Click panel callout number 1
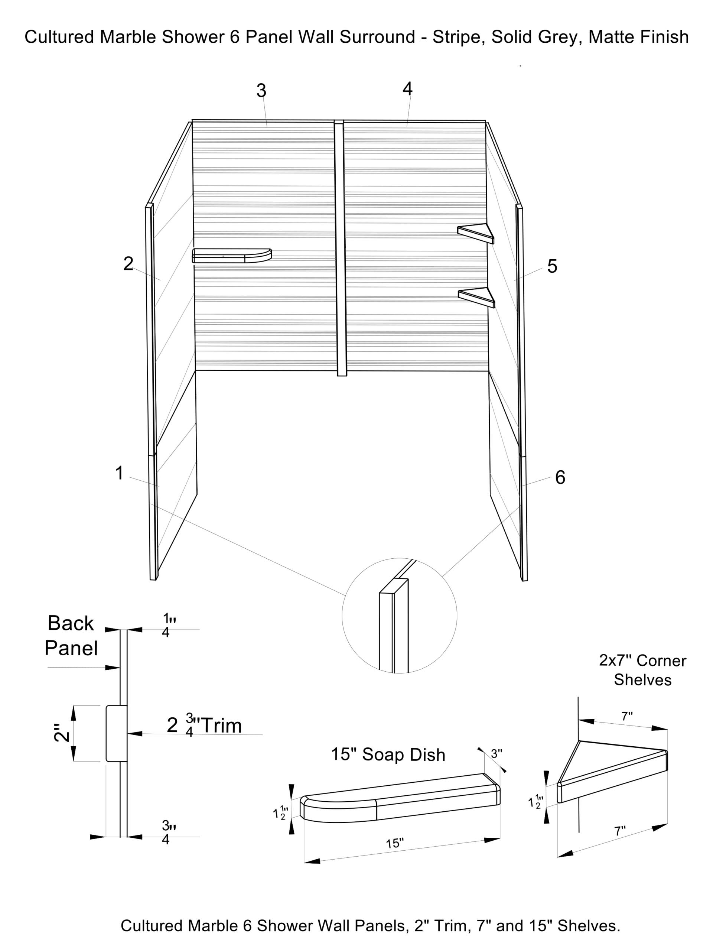coord(120,473)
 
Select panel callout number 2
coord(128,263)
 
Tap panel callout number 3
coord(261,91)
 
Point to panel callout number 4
coord(407,89)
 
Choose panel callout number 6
coord(560,477)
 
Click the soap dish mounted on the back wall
coord(232,255)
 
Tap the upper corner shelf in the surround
coord(476,233)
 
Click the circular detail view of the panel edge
coord(399,615)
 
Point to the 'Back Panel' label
coord(71,636)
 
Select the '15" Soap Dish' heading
coord(388,754)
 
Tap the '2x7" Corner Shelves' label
coord(642,670)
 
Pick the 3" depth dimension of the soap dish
coord(497,754)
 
